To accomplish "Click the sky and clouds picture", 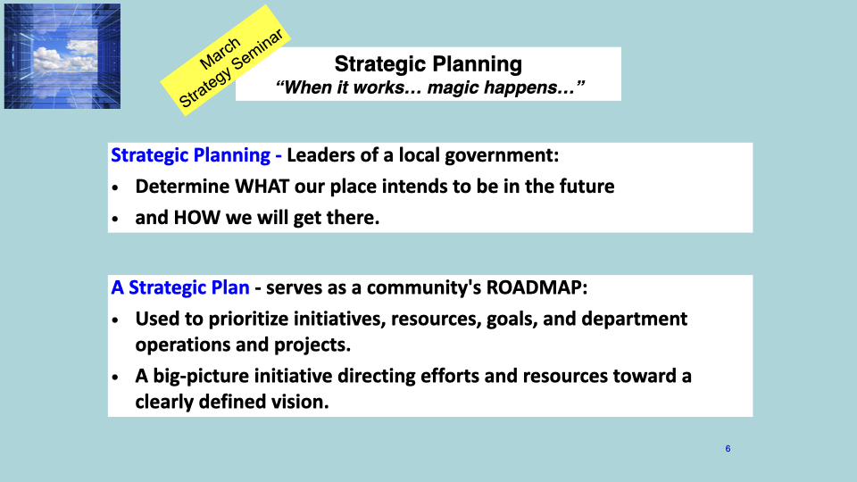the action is coord(62,56).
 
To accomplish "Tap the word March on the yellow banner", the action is coord(220,54).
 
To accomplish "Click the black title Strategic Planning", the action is coord(428,64).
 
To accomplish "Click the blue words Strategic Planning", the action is coord(191,155).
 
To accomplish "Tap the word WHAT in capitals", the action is coord(262,187).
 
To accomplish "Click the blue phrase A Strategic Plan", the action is coord(180,287).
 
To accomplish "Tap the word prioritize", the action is coord(249,319).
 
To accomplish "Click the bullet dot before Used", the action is coord(115,320).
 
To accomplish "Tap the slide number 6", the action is coord(728,449).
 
